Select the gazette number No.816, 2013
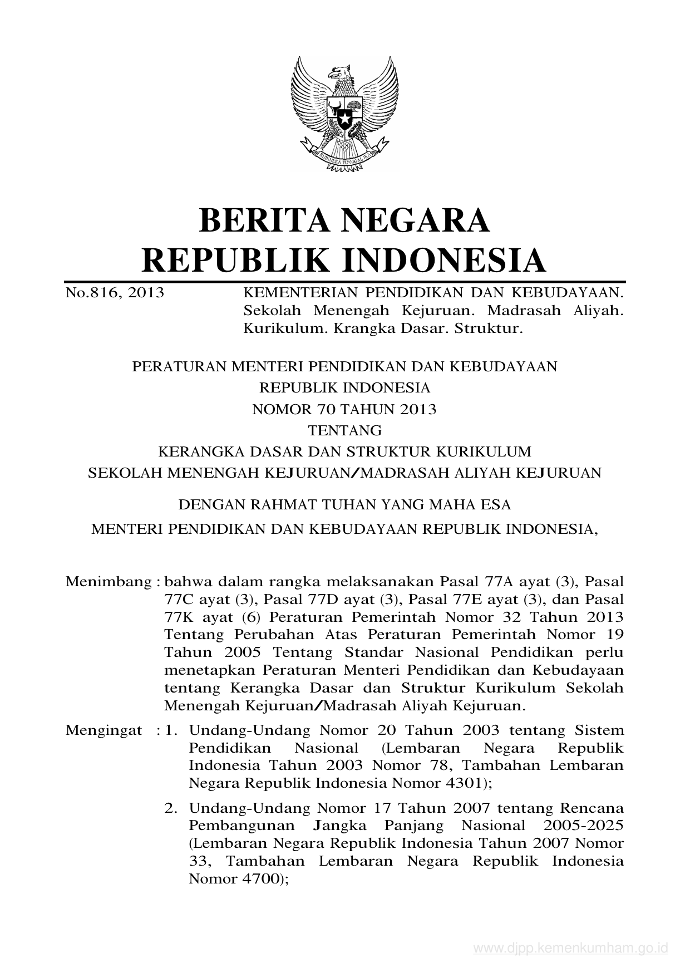[115, 292]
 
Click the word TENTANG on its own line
[345, 430]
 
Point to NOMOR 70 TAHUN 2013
[344, 409]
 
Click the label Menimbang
[109, 582]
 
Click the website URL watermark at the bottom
[570, 949]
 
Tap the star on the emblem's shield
[344, 119]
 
